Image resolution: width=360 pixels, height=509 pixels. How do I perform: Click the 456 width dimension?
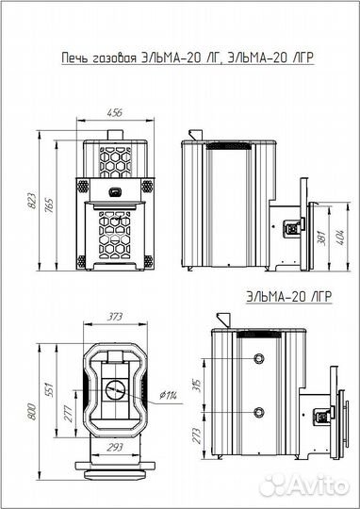[x=115, y=113]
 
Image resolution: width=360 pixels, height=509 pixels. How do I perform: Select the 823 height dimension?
[x=33, y=201]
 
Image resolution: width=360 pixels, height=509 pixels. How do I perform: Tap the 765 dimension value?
[x=50, y=206]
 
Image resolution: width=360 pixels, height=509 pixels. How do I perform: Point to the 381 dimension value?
[x=322, y=238]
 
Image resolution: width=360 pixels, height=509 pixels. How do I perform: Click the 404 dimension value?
[x=340, y=237]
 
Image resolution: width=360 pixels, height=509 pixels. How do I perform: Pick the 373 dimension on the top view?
[x=115, y=317]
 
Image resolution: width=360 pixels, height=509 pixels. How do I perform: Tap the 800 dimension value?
[x=33, y=412]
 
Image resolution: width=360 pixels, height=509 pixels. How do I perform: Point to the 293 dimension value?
[x=115, y=448]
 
